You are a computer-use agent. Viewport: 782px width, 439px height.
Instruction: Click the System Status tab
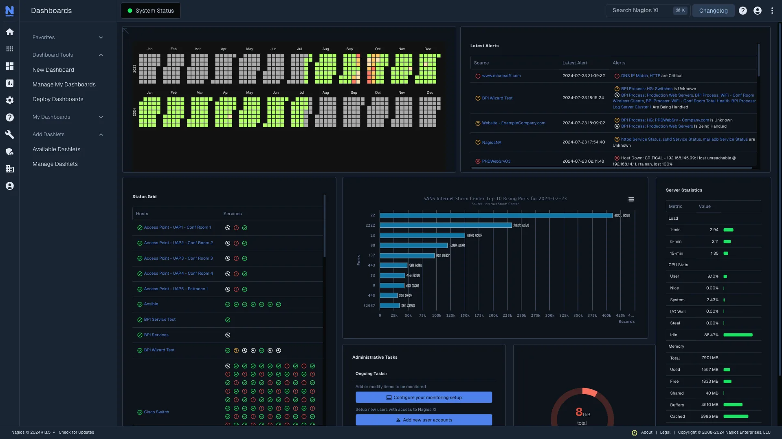click(x=151, y=11)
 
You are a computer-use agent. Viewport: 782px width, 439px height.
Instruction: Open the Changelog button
click(x=713, y=11)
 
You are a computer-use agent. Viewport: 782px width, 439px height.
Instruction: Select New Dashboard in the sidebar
click(x=53, y=70)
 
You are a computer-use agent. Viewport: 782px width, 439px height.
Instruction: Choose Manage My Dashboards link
click(x=64, y=84)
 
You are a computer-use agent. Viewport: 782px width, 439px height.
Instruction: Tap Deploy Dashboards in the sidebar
click(x=58, y=99)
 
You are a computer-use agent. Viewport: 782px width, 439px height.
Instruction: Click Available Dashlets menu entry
click(x=56, y=149)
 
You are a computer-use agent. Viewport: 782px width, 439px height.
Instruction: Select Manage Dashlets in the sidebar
click(x=55, y=164)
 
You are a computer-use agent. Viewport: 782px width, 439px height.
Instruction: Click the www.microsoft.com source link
click(x=501, y=76)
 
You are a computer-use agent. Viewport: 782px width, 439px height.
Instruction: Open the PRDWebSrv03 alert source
click(x=496, y=161)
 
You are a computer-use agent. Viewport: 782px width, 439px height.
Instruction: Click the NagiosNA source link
click(x=492, y=143)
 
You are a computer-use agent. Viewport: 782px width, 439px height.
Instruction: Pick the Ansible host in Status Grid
click(x=151, y=304)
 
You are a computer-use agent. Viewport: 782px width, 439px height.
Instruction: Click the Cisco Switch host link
click(x=156, y=412)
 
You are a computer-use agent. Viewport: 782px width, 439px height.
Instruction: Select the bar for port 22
click(x=496, y=215)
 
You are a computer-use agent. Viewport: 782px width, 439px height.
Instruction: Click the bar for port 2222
click(x=446, y=225)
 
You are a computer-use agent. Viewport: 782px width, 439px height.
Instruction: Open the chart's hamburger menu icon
click(x=631, y=199)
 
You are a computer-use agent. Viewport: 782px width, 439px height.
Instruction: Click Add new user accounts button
click(x=424, y=420)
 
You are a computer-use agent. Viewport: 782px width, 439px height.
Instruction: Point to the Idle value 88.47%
click(x=711, y=335)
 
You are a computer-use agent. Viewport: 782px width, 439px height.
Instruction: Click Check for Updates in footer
click(x=76, y=432)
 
